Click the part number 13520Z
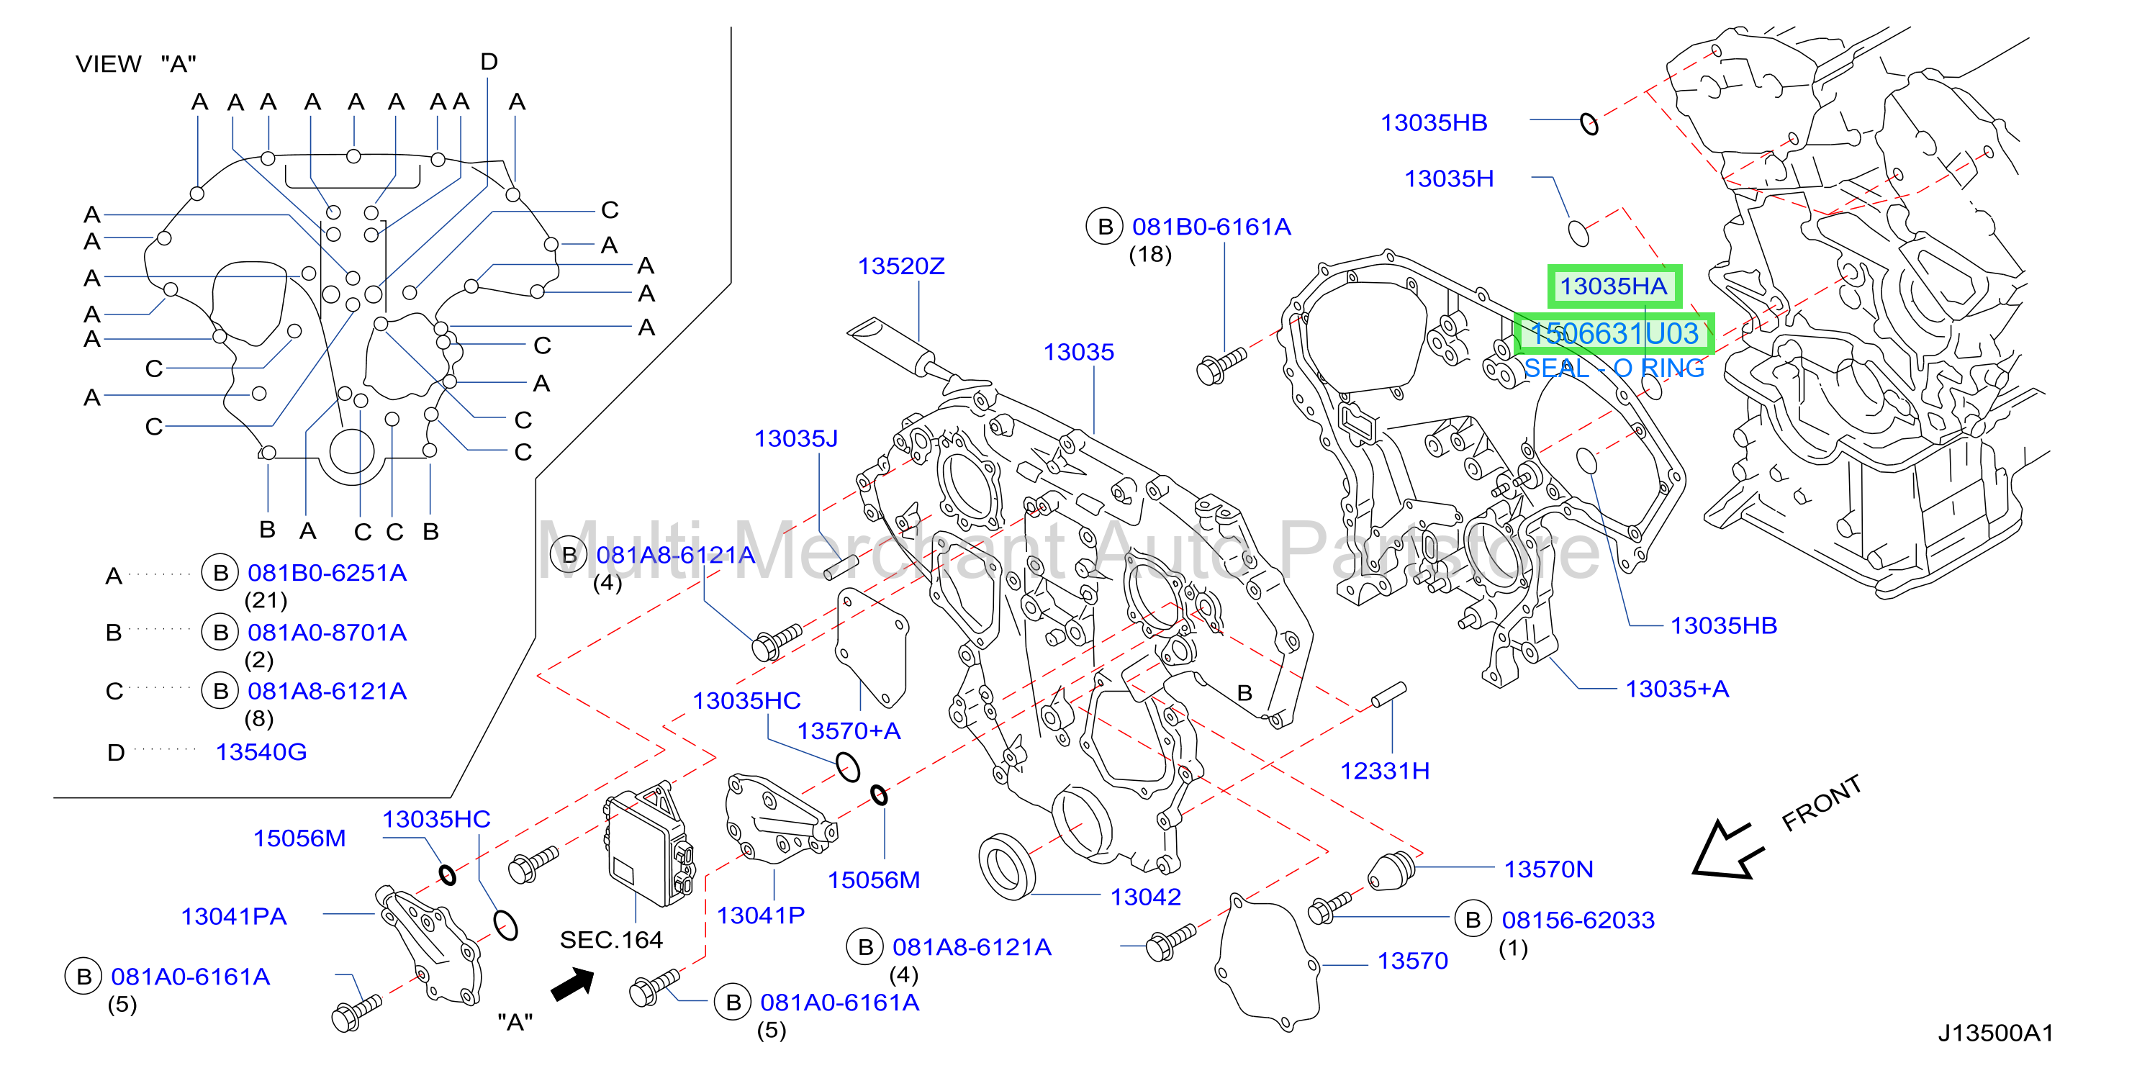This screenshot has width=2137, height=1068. pos(901,266)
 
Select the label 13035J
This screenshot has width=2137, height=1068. pos(795,439)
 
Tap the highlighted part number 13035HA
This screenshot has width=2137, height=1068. pos(1614,286)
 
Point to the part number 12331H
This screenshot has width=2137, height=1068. pos(1385,771)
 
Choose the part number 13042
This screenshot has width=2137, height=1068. pos(1146,897)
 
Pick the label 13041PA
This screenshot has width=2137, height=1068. pos(234,916)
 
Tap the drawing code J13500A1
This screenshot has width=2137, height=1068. pos(1995,1033)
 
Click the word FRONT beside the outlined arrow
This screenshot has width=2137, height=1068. pos(1822,802)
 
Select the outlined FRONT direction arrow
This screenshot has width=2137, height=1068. pos(1727,849)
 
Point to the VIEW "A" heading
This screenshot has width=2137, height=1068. pos(135,64)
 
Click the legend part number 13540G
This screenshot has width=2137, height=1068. pos(261,752)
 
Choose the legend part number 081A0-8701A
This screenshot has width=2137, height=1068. pos(327,633)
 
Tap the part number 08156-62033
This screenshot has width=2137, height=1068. pos(1578,920)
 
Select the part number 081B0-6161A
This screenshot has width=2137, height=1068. pos(1211,227)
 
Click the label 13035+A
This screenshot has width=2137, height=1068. pos(1676,689)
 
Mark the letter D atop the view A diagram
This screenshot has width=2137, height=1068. pos(489,61)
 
